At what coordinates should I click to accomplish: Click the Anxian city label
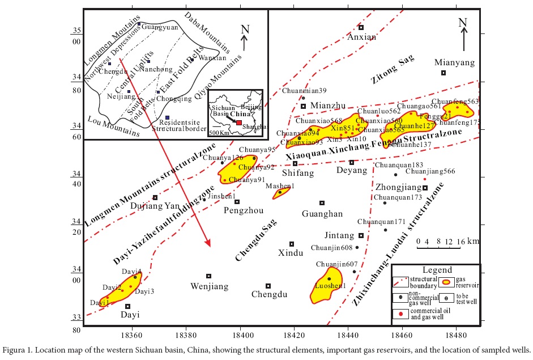point(361,37)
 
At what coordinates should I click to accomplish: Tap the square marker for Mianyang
point(444,73)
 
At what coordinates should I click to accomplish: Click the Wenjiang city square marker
point(208,276)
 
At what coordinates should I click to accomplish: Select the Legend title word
point(437,270)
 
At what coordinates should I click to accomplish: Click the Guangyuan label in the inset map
point(156,27)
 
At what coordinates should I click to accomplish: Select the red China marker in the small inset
point(240,122)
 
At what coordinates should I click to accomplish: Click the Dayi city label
point(128,315)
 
